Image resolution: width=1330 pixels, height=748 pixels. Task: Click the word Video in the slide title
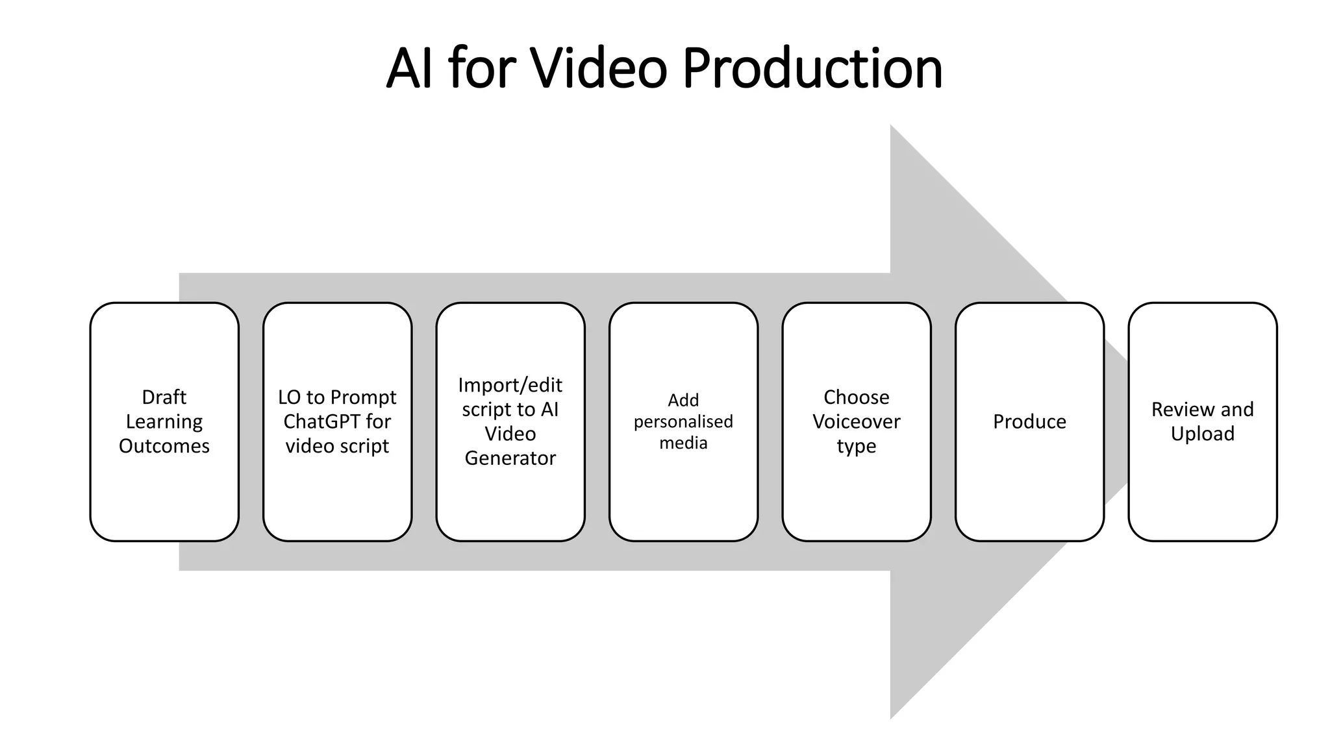[599, 68]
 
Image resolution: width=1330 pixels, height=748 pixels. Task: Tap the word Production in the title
[812, 68]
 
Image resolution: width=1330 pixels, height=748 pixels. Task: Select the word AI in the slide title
[409, 68]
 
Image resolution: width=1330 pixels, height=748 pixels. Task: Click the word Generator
[510, 458]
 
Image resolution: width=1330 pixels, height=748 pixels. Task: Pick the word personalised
[683, 422]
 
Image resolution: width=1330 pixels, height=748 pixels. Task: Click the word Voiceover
[857, 422]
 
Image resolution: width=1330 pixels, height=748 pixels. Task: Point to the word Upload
[1203, 434]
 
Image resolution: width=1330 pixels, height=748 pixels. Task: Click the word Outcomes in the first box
[164, 446]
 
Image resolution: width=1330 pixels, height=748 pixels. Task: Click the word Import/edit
[510, 385]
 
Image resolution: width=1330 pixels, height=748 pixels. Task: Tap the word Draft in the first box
[164, 397]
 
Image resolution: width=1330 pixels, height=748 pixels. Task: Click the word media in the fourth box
[683, 443]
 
